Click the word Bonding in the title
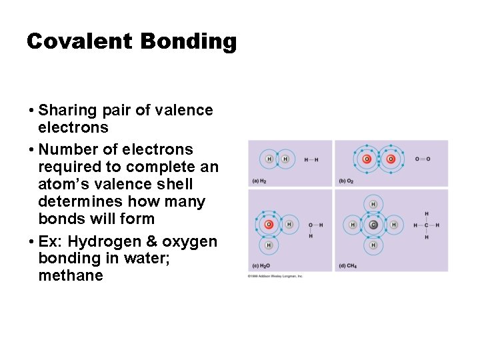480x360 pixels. [189, 42]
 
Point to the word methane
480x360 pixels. [71, 275]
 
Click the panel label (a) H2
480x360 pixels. [259, 181]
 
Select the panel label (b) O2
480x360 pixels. [347, 181]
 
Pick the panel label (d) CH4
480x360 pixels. [347, 266]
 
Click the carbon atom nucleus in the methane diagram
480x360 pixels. [373, 225]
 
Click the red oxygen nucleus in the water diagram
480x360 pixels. [269, 225]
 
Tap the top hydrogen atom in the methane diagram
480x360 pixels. [373, 204]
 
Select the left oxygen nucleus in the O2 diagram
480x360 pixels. [366, 159]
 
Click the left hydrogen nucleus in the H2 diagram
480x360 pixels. [269, 159]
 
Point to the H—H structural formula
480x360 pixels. [311, 159]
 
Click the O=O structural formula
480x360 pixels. [423, 159]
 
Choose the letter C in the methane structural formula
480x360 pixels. [427, 225]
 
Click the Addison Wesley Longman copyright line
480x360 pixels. [275, 275]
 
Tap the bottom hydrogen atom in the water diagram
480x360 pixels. [269, 245]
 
